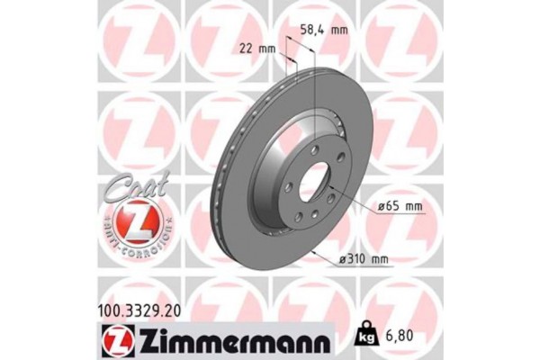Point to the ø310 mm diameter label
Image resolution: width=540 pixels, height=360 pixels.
pos(364,260)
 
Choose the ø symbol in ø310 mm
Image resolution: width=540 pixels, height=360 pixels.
pos(345,260)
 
